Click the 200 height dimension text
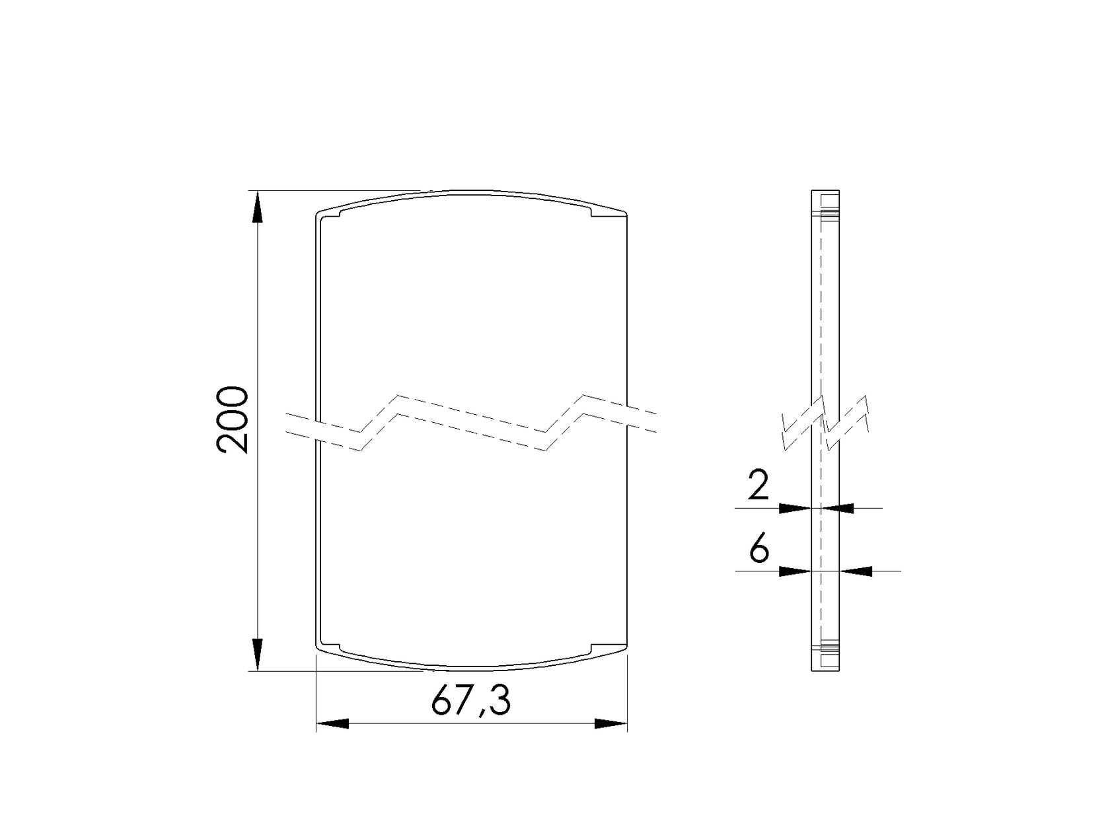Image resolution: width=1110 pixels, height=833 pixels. click(x=232, y=420)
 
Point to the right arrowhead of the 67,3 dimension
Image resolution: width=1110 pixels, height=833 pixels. click(x=611, y=724)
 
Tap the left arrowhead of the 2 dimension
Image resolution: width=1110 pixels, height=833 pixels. click(x=795, y=508)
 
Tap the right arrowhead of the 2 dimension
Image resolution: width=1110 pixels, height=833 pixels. click(x=838, y=508)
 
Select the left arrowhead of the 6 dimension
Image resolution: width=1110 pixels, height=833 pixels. click(x=795, y=571)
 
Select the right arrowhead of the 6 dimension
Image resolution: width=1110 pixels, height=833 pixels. click(x=856, y=571)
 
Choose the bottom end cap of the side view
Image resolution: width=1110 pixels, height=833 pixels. click(x=825, y=659)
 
